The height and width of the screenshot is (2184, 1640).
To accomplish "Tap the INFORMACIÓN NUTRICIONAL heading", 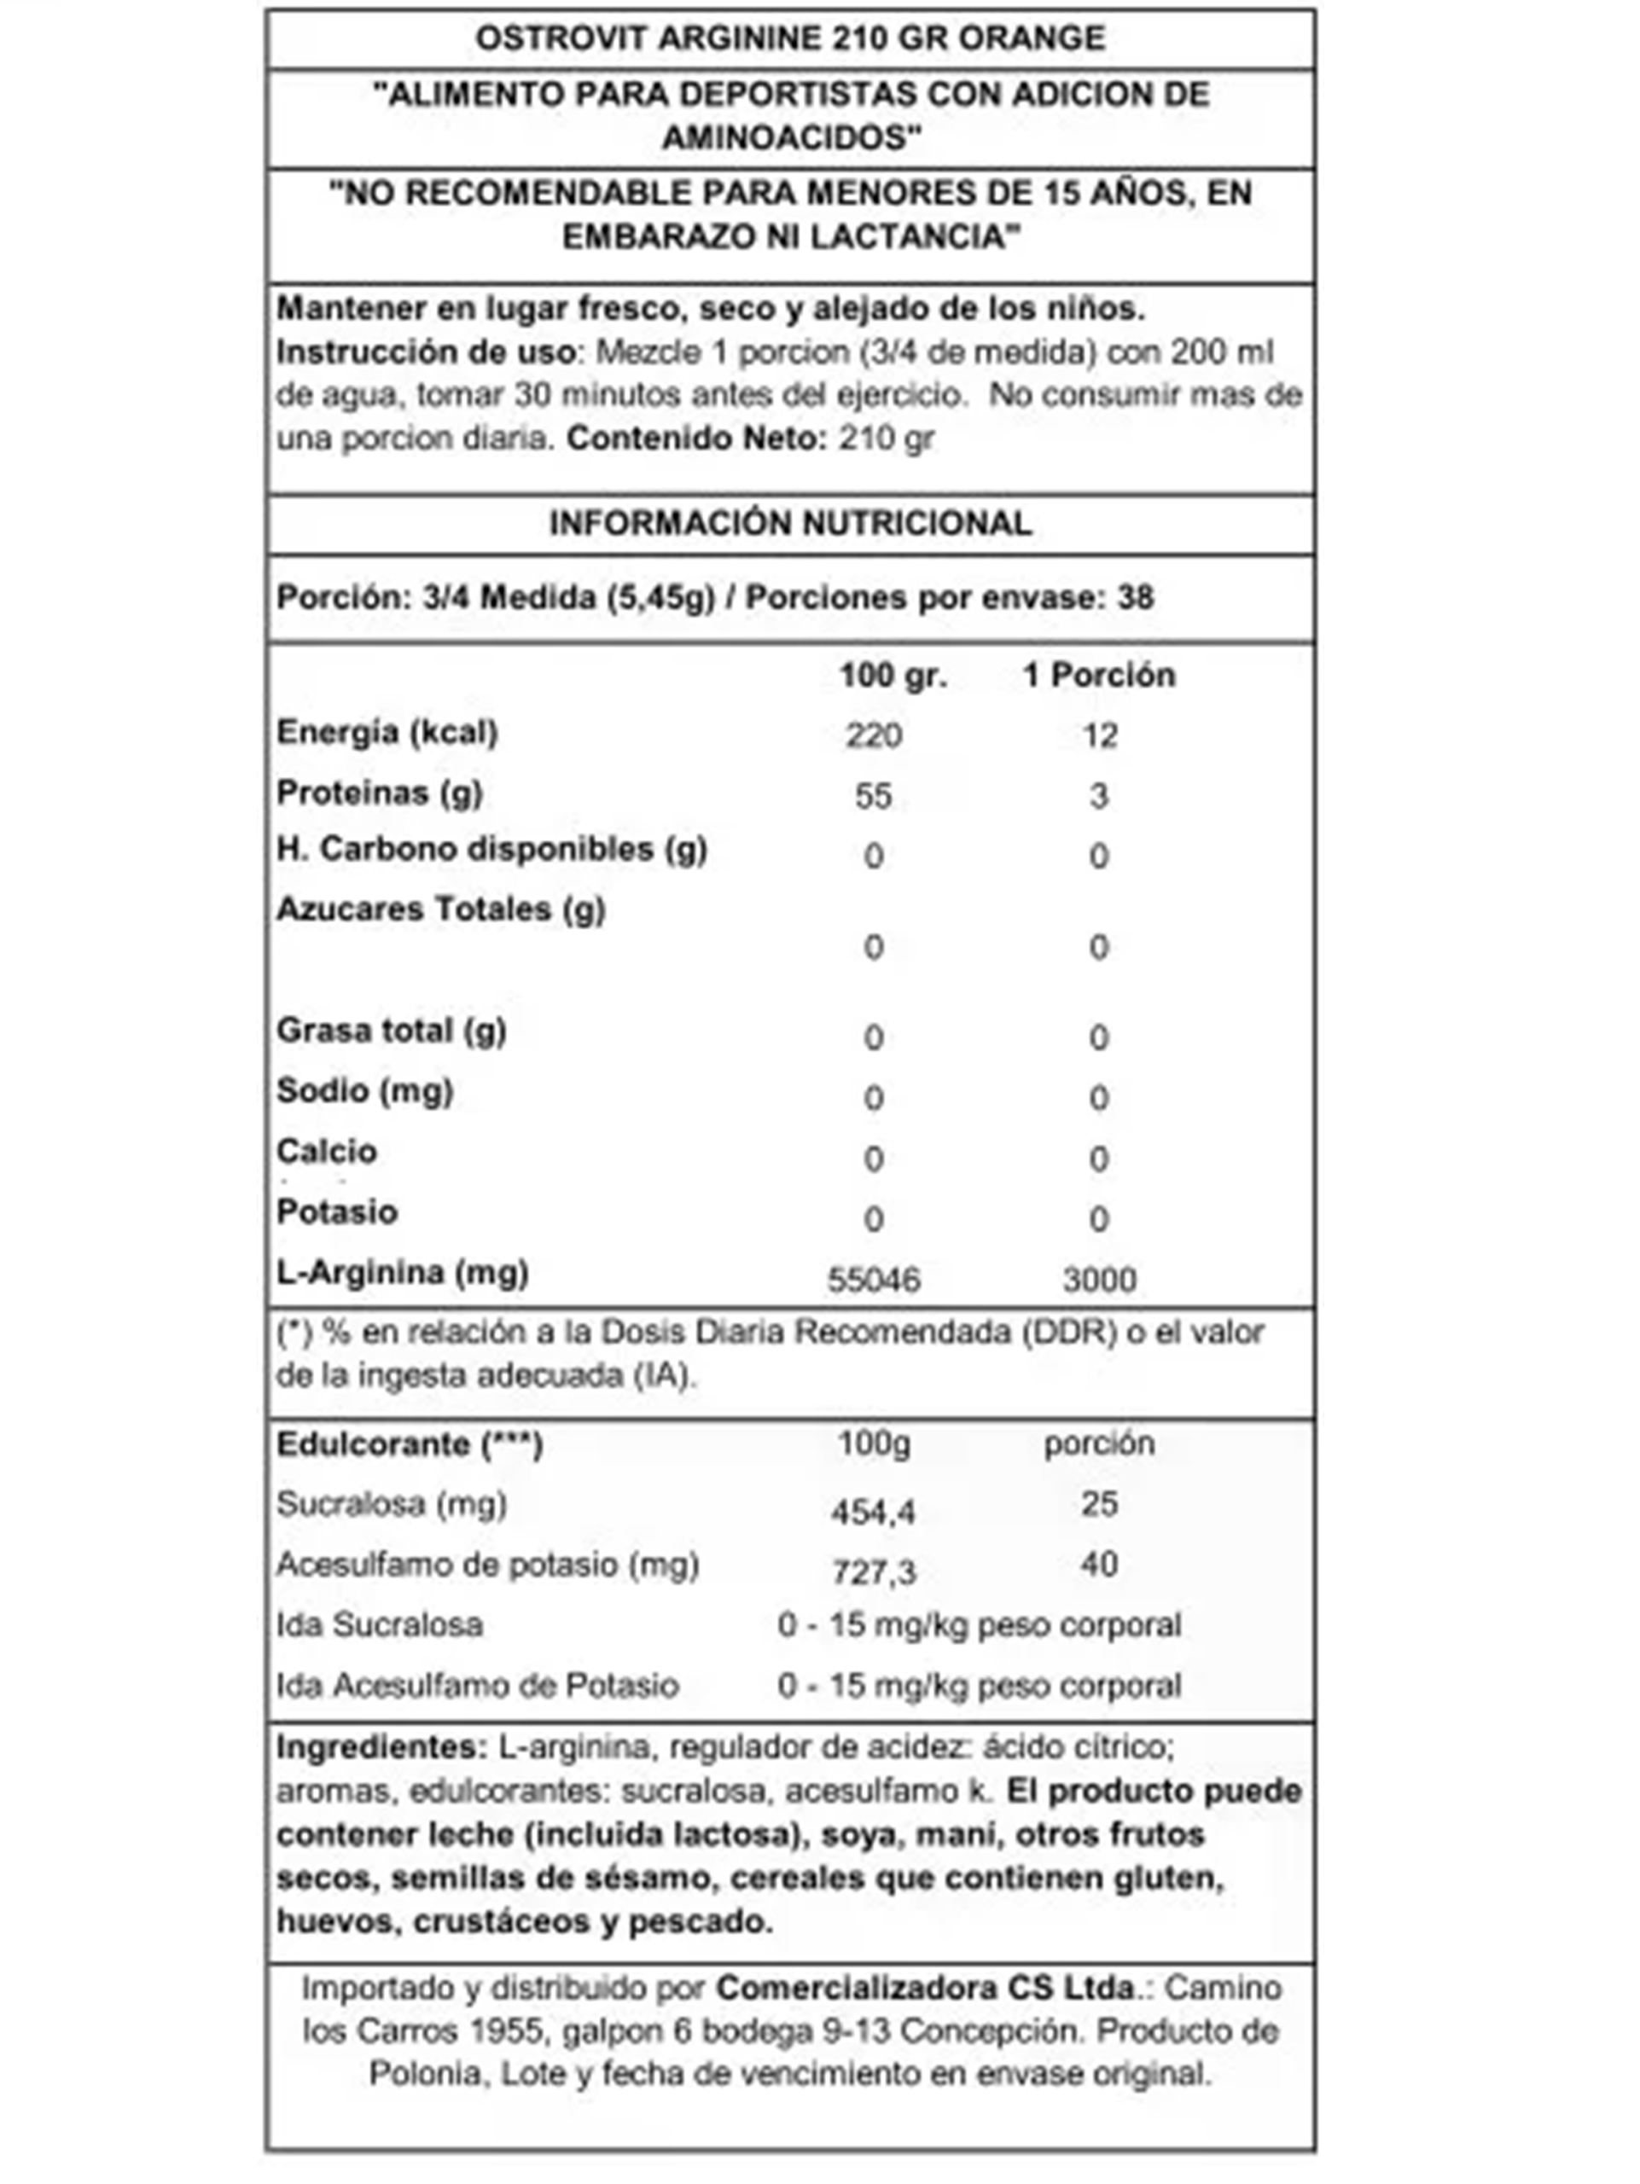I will coord(790,522).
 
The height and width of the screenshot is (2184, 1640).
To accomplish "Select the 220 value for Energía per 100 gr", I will coord(873,735).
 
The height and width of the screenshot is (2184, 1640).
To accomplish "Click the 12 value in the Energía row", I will coord(1099,735).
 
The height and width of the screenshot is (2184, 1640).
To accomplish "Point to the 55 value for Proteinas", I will coord(873,795).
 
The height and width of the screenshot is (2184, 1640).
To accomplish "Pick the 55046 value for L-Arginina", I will coord(873,1280).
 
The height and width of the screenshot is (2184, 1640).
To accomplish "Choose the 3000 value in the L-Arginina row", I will coord(1099,1280).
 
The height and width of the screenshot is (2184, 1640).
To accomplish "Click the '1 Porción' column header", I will coord(1099,676).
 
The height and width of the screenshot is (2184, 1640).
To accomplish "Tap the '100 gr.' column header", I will coord(893,676).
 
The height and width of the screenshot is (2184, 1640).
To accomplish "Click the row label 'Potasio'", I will coord(337,1211).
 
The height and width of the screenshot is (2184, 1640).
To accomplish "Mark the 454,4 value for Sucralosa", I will coord(873,1512).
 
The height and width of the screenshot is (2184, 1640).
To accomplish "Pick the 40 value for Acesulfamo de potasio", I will coord(1099,1564).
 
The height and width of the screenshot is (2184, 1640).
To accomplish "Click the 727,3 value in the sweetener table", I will coord(874,1571).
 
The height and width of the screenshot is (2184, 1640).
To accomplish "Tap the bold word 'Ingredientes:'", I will coord(382,1746).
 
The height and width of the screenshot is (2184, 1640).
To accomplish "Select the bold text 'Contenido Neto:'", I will coord(696,438).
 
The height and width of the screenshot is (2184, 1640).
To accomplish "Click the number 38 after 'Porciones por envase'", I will coord(1135,597).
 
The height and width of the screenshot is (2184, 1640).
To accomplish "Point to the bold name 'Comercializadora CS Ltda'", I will coord(925,1988).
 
